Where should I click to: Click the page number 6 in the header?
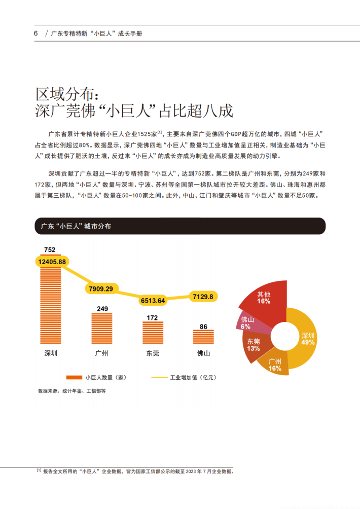click(35, 33)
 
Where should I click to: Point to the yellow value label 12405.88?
click(52, 262)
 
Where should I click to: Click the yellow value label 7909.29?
click(101, 288)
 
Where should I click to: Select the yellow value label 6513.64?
click(152, 301)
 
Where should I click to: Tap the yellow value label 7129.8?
click(203, 296)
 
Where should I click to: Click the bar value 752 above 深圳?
click(50, 249)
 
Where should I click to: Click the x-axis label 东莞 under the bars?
click(152, 353)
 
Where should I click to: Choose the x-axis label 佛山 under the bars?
click(203, 353)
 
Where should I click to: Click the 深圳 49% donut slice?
click(307, 339)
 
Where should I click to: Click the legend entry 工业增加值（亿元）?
click(185, 377)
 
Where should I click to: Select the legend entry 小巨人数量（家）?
click(96, 377)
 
